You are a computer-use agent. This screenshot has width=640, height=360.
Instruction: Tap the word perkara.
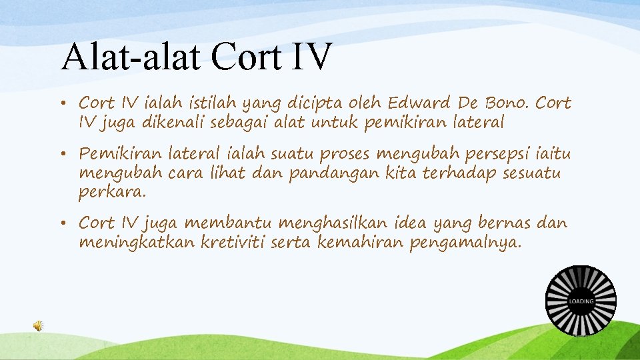pos(111,192)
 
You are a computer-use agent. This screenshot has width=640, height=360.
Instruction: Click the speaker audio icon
pos(39,325)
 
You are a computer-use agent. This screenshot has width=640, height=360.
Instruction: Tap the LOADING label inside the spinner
pos(581,301)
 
